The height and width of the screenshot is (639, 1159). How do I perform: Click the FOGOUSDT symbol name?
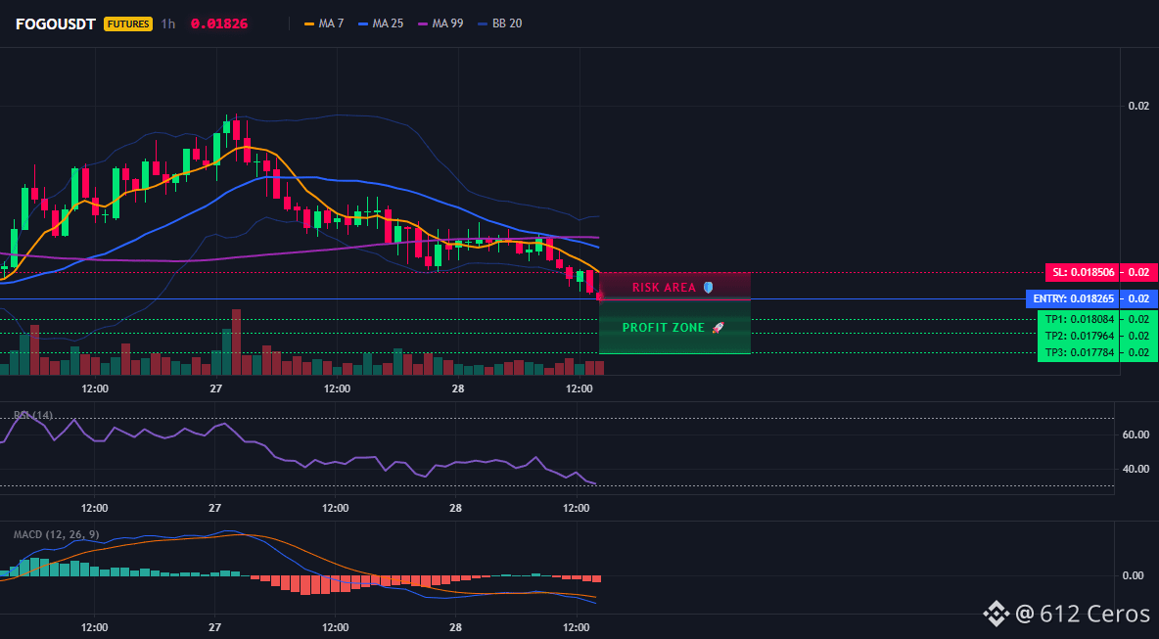point(56,23)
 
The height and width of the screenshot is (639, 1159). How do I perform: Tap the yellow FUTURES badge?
point(128,23)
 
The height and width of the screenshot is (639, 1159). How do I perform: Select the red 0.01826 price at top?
point(219,23)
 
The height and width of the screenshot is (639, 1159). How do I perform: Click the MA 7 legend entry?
point(324,23)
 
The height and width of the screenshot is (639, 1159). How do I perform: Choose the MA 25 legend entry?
point(381,23)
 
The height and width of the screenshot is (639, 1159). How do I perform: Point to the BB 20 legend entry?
point(499,23)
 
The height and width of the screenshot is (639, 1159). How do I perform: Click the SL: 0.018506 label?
point(1082,273)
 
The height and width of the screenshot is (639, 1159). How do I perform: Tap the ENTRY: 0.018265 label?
point(1073,299)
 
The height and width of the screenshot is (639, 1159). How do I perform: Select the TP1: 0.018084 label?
point(1079,320)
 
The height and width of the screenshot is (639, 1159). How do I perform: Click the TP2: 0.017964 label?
point(1079,336)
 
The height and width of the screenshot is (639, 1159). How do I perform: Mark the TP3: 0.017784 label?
point(1079,352)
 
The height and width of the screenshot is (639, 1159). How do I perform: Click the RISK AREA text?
point(665,288)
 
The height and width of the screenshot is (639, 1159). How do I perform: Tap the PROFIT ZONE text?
point(664,327)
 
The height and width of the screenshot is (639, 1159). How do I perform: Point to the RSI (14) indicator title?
point(33,415)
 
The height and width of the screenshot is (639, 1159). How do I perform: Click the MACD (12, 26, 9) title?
point(56,534)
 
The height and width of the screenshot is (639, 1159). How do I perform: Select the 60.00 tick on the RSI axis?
point(1136,434)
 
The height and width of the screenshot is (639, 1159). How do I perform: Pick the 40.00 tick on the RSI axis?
point(1136,469)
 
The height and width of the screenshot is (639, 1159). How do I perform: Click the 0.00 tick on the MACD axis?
point(1134,575)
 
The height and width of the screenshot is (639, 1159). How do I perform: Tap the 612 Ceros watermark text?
point(1094,614)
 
